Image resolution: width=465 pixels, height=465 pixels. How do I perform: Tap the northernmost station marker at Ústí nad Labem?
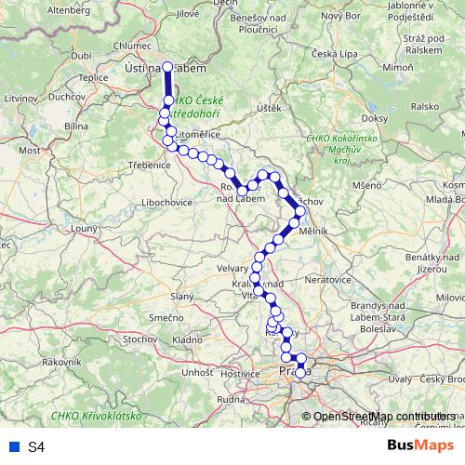[x=168, y=67]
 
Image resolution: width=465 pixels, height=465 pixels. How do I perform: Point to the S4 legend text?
[x=36, y=447]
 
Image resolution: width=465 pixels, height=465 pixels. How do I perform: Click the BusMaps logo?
[x=421, y=446]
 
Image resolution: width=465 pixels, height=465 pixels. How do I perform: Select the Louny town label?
[x=84, y=227]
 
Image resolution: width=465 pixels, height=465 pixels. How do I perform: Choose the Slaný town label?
[x=180, y=295]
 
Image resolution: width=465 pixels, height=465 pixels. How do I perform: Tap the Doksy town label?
[x=374, y=119]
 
